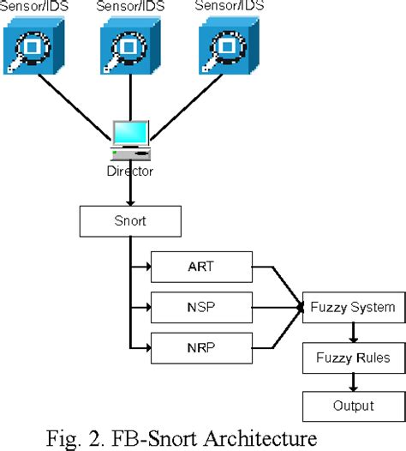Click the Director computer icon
[131, 139]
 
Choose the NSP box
[201, 305]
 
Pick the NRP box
[201, 347]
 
